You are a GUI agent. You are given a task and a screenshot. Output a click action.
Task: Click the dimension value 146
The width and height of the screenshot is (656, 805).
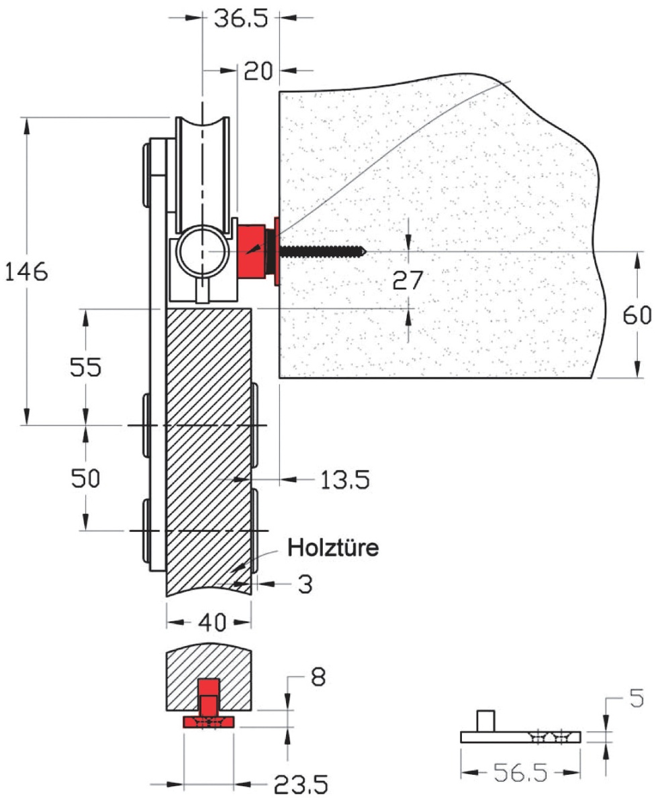[x=26, y=272]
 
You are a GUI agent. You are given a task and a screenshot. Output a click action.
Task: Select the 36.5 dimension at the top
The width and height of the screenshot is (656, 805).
[x=240, y=17]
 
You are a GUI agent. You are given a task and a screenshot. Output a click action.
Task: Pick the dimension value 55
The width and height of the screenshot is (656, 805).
[x=86, y=367]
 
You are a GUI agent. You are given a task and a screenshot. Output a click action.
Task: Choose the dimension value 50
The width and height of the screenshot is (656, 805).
[x=86, y=478]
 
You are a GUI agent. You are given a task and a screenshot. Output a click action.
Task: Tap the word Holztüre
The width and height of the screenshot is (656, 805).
[x=334, y=547]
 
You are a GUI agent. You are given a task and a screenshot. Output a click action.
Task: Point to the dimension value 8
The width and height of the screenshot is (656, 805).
[x=318, y=678]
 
